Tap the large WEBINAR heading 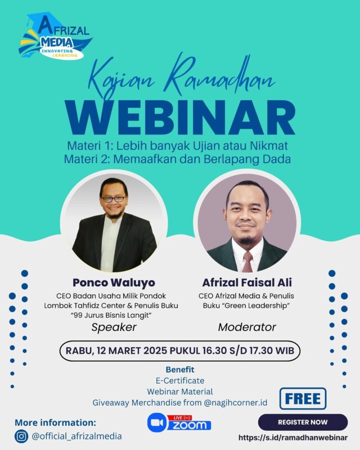point(181,118)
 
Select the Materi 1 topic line point(177,146)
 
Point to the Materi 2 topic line point(177,159)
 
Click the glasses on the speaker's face point(114,199)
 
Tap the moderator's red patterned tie point(247,262)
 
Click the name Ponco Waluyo point(114,283)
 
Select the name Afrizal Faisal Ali point(247,283)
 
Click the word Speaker point(114,327)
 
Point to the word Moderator point(247,327)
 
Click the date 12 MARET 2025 point(132,350)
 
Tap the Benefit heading point(180,370)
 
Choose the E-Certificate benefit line point(180,381)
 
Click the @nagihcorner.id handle point(236,403)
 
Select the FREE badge point(303,399)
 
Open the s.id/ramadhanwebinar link point(293,438)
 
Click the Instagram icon point(21,436)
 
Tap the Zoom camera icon point(157,423)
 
